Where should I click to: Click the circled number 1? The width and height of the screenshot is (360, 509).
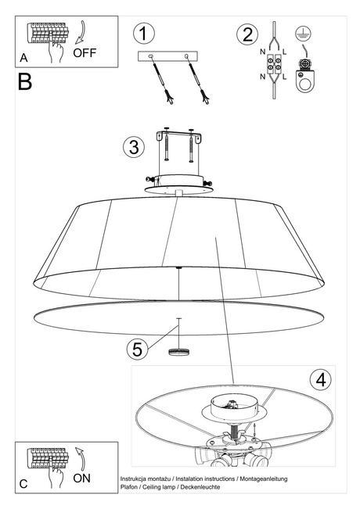[142, 34]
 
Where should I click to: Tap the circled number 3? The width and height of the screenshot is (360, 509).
[134, 146]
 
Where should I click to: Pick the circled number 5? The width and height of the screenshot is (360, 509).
[139, 349]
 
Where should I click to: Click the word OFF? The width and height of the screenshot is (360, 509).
[85, 53]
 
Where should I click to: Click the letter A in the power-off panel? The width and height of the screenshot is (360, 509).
[24, 58]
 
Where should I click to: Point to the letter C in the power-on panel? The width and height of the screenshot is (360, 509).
[23, 484]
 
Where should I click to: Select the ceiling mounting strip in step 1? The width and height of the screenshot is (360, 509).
[167, 56]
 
